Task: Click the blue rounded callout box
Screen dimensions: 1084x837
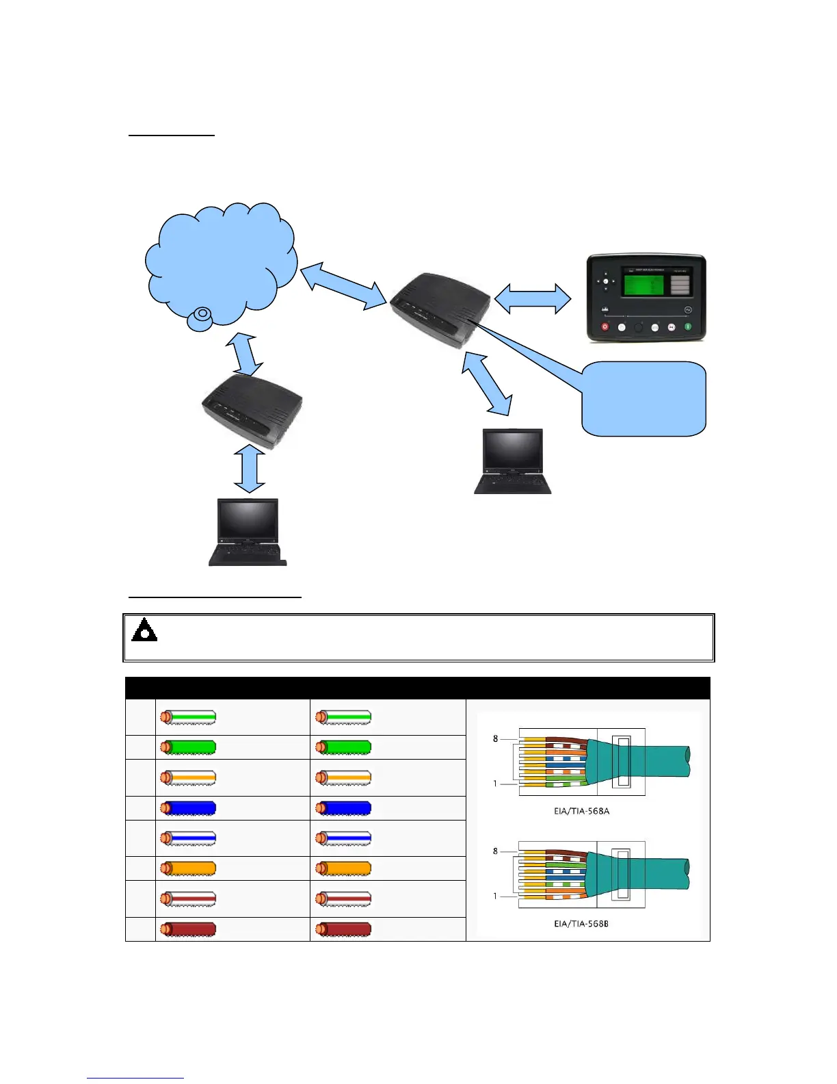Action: point(643,399)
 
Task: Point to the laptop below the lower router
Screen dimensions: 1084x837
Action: point(247,532)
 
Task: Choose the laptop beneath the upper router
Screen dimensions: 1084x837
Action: point(512,461)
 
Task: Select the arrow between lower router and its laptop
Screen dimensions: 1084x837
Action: point(250,469)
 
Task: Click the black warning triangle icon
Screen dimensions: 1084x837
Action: point(144,630)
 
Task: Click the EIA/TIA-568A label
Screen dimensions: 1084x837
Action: point(581,811)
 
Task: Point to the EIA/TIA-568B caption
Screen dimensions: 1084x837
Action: point(581,924)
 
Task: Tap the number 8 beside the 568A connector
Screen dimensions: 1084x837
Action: point(496,738)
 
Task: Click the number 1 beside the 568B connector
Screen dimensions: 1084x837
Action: point(496,896)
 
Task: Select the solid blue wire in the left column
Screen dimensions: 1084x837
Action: point(188,808)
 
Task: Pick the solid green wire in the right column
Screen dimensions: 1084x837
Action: point(343,747)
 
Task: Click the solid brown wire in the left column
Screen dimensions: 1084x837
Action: point(188,929)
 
